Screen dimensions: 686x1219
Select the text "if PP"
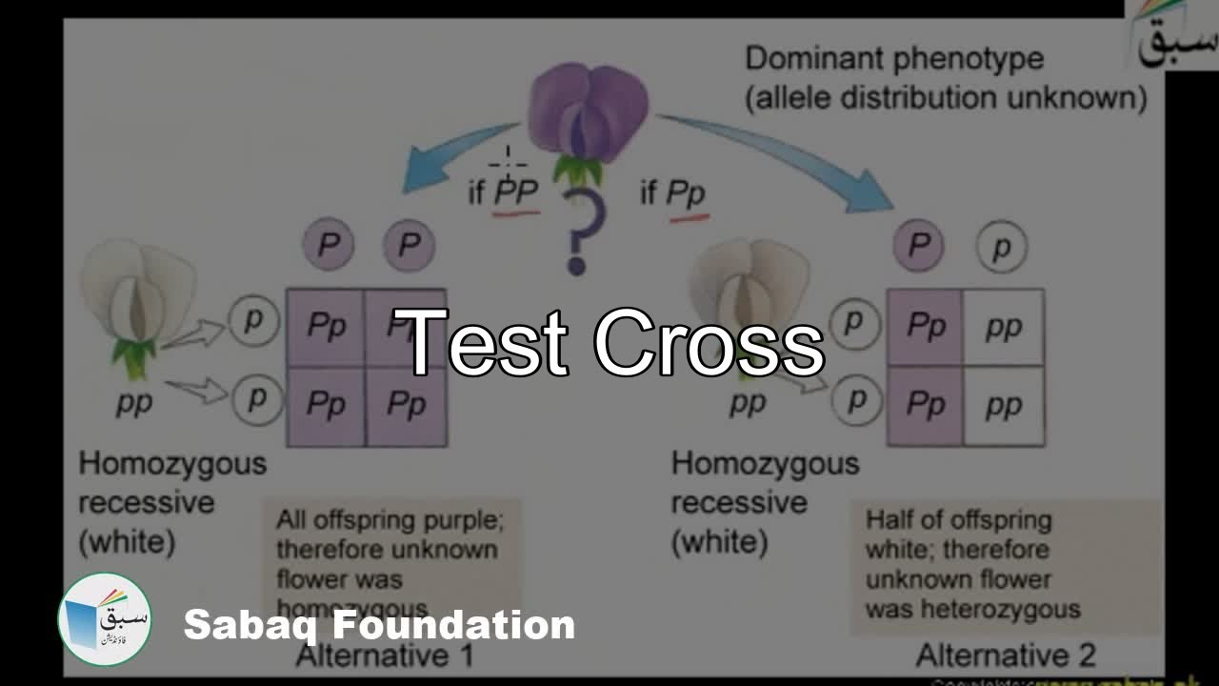tap(504, 193)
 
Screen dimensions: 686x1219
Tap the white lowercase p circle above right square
tap(1001, 248)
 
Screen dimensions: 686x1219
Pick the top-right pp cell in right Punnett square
tap(1004, 328)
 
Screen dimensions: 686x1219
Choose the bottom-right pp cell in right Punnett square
tap(1004, 406)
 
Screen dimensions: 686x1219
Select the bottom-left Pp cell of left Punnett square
tap(326, 406)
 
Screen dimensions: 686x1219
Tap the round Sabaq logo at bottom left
tap(105, 619)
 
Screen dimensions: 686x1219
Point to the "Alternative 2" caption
tap(1005, 656)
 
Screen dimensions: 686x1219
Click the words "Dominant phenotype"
tap(893, 59)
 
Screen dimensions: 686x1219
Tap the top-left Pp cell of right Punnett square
tap(925, 328)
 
